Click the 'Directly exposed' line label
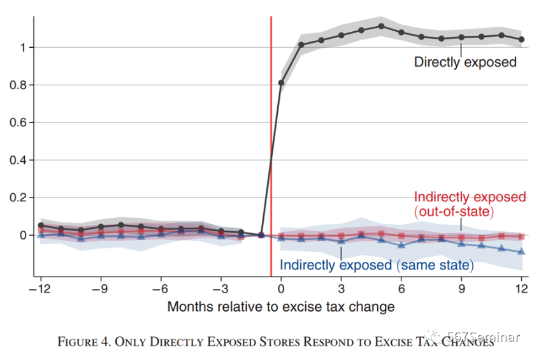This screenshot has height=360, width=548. [465, 62]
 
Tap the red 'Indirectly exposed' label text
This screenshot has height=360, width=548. [470, 197]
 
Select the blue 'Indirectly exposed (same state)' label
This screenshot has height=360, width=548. [377, 264]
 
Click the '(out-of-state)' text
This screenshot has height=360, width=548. [454, 211]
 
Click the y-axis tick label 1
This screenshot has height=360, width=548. [23, 47]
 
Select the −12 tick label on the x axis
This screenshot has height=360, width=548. [40, 287]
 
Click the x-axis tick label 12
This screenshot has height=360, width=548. [521, 287]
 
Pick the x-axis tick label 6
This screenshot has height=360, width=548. [401, 287]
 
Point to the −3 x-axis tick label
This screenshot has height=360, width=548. [220, 287]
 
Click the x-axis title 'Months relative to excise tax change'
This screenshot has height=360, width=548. [281, 306]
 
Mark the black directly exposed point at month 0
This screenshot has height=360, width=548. [281, 83]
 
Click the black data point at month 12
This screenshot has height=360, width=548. [521, 40]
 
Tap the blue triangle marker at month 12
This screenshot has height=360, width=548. [521, 252]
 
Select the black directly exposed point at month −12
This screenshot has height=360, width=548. [41, 225]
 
